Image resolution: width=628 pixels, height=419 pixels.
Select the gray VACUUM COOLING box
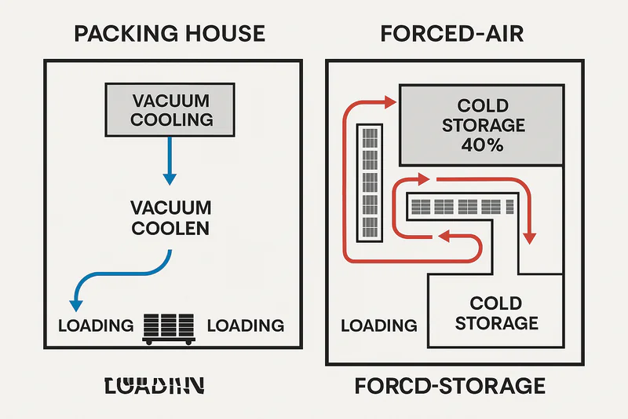(172, 110)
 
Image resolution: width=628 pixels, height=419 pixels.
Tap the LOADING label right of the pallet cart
(245, 325)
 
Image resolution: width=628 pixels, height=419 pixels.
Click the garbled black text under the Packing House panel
(155, 385)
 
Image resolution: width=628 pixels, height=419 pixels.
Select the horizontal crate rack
(462, 207)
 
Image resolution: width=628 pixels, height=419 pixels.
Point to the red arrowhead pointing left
(441, 235)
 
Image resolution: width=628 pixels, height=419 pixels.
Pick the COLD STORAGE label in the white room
(496, 313)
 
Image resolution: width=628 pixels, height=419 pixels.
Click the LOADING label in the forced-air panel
(379, 325)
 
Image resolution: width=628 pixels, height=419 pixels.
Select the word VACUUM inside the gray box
(172, 101)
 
